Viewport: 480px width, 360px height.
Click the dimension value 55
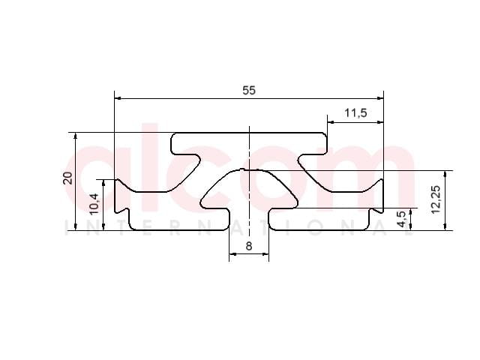pos(249,91)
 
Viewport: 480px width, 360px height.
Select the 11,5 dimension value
pos(355,113)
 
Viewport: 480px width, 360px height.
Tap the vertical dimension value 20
pos(67,178)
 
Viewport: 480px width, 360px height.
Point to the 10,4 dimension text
pos(94,204)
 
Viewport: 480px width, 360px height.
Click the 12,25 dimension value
pos(435,199)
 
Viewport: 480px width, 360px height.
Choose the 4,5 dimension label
pos(402,219)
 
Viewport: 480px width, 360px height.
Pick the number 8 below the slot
pos(249,246)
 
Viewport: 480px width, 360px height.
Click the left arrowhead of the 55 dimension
pos(118,98)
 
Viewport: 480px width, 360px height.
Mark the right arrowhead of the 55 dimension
pos(380,98)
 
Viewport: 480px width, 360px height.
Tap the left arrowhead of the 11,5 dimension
pos(331,122)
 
